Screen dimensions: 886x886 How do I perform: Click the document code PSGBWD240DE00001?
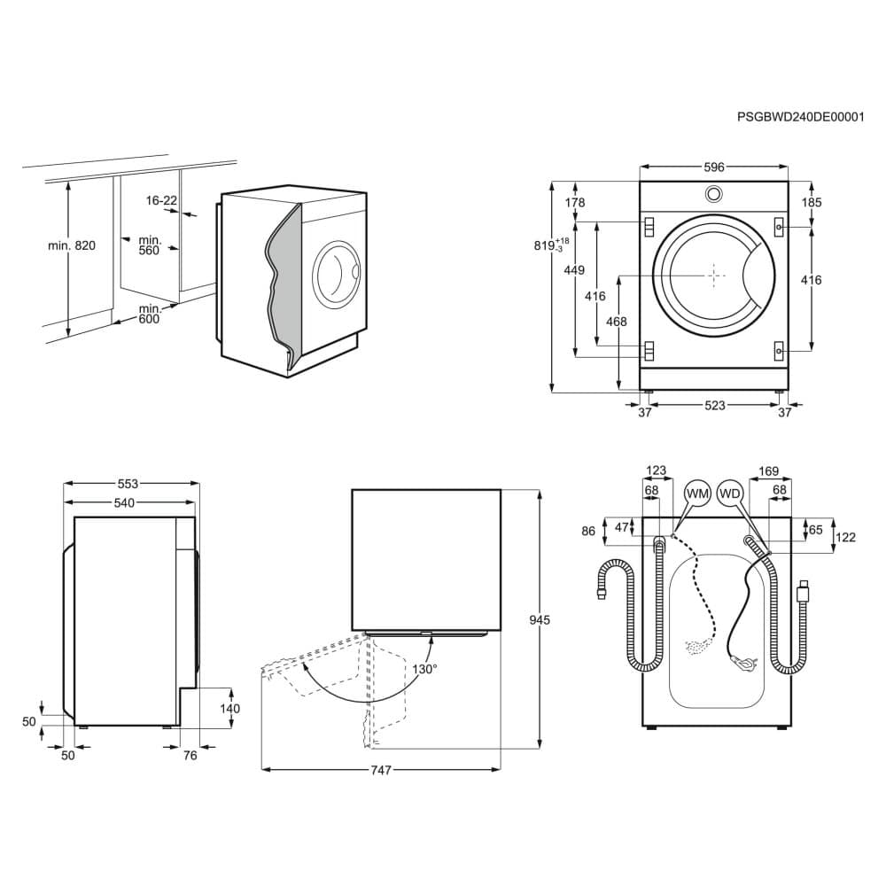point(800,116)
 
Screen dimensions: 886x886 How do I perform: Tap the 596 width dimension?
point(714,167)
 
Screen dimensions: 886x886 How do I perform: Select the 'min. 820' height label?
point(71,245)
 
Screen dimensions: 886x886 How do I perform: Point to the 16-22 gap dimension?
point(161,201)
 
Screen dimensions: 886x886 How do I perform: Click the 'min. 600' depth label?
point(149,314)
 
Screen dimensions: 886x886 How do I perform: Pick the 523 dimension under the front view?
point(714,406)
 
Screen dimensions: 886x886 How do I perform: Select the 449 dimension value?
point(574,270)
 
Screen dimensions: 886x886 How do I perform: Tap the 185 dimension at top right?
point(811,202)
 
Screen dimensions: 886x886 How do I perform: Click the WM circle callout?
point(698,492)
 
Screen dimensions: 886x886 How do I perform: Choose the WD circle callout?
point(731,492)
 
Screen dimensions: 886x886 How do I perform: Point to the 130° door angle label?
point(424,669)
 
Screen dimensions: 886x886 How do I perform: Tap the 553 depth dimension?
point(128,484)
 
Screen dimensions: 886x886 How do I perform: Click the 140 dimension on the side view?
point(229,709)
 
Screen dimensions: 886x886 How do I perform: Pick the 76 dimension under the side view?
point(189,755)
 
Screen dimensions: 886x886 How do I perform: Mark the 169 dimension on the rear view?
point(768,471)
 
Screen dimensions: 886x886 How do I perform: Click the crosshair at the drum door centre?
point(715,276)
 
